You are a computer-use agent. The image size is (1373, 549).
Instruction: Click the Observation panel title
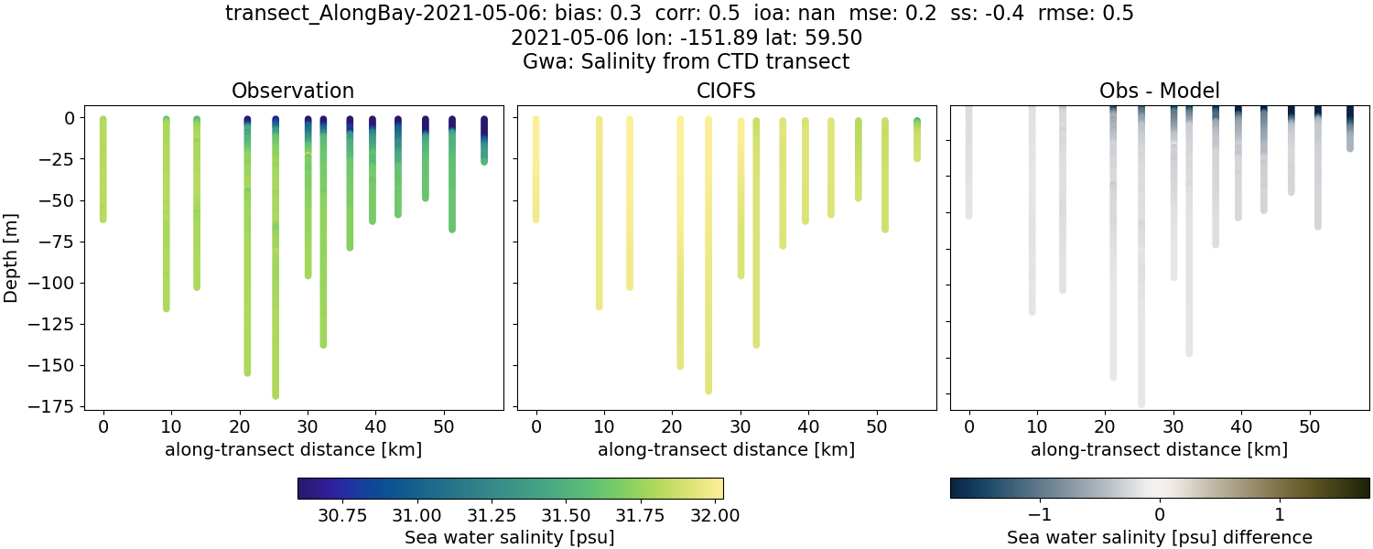click(293, 91)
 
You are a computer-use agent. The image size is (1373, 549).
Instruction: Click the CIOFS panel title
click(726, 91)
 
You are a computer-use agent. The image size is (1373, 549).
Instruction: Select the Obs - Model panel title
click(1159, 91)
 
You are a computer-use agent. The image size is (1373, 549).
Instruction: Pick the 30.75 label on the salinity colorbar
click(342, 515)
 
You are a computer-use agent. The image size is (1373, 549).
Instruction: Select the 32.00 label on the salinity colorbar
click(715, 515)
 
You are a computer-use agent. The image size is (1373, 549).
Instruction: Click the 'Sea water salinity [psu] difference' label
click(1159, 537)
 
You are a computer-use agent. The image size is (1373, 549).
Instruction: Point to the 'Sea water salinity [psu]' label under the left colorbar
click(509, 537)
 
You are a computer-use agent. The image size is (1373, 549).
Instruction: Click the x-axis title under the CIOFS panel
click(726, 449)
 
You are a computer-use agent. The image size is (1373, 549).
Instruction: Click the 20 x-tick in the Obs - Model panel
click(1106, 425)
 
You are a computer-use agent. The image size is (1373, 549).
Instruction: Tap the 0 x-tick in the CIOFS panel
click(535, 425)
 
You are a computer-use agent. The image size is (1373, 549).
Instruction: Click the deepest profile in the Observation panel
click(276, 274)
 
